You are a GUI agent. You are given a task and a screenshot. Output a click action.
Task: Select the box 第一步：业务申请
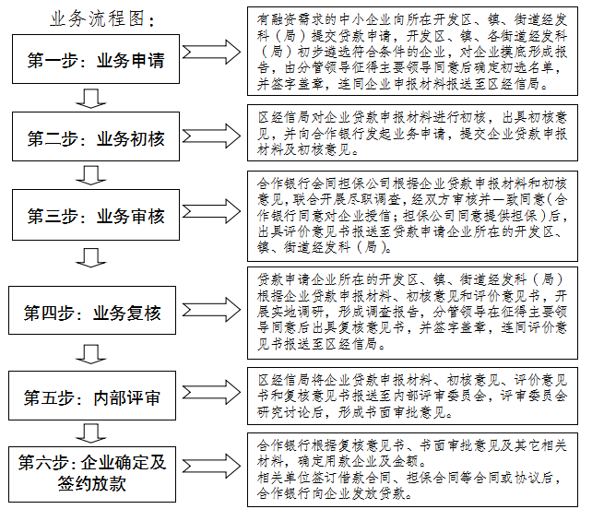(96, 61)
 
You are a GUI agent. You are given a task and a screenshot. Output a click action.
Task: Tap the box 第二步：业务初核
(96, 139)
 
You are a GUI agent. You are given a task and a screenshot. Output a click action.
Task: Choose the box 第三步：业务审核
(96, 217)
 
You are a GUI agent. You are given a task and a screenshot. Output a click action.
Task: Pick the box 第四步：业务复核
(96, 314)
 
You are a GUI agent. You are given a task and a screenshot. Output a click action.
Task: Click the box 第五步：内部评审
(96, 397)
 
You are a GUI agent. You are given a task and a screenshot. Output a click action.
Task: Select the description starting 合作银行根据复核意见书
(414, 467)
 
